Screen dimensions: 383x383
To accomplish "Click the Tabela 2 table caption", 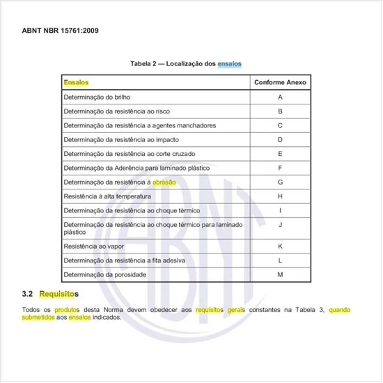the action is [x=186, y=63].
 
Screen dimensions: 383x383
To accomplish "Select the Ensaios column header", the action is [x=76, y=82].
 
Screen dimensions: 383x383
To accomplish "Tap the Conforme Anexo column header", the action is [x=280, y=82].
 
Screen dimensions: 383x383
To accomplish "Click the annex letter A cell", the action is [x=280, y=97].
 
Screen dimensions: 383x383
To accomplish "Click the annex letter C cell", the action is [x=280, y=125].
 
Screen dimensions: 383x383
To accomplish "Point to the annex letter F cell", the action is [x=280, y=168].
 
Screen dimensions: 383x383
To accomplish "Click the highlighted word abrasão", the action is [x=164, y=182].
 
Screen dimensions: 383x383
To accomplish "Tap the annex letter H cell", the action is [x=280, y=196].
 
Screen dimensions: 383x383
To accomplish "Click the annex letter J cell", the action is [x=280, y=225].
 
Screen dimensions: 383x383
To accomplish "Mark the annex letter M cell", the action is [x=280, y=274].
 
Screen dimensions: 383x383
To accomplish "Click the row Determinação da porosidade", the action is [x=104, y=274].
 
